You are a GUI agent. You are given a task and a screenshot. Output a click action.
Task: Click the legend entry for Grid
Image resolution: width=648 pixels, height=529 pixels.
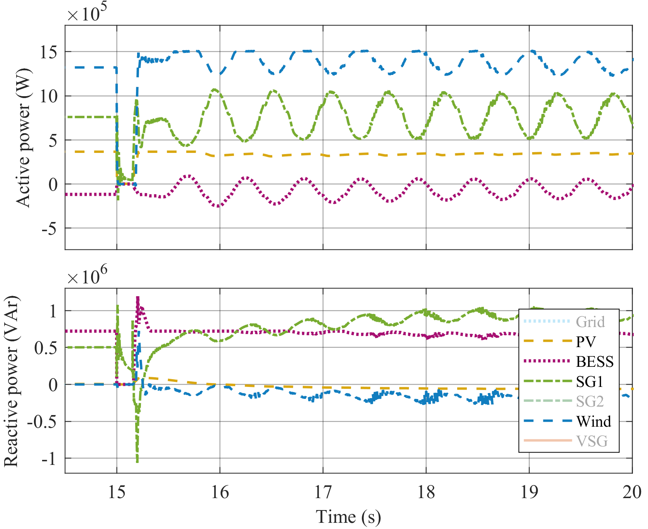(590, 322)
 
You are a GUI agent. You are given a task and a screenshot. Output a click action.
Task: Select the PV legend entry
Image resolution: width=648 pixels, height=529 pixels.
(586, 342)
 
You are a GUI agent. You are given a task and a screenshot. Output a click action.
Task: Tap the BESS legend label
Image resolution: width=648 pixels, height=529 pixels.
(595, 362)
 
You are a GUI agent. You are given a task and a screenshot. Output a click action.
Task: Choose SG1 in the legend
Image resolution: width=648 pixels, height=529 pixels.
(590, 382)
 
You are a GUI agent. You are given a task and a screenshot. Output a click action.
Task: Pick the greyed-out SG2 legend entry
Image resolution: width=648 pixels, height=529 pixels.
(590, 402)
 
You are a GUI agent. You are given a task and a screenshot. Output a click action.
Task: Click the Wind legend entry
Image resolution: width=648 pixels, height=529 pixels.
(594, 422)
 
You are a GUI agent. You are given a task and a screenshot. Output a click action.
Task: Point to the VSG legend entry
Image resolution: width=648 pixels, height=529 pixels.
(592, 441)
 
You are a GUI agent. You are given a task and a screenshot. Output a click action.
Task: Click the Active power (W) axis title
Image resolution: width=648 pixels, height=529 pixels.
(23, 138)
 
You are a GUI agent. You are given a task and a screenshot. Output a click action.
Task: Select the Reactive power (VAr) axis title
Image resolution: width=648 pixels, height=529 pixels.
(12, 381)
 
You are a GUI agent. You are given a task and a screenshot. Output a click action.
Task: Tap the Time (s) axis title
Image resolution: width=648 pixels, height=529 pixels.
(348, 517)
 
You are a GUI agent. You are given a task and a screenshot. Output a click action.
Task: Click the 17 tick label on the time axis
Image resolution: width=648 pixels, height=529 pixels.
(323, 493)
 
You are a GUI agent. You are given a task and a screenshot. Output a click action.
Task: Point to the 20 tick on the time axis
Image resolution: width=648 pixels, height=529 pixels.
(632, 493)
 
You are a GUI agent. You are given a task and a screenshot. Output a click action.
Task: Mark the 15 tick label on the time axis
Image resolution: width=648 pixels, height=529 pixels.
(117, 493)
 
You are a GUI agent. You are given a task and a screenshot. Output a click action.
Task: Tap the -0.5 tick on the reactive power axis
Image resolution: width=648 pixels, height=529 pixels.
(42, 421)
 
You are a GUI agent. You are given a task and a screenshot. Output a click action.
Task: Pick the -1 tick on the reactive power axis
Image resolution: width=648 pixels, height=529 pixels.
(49, 458)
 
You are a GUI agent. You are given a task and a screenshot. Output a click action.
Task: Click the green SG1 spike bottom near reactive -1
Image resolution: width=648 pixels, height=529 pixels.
(137, 461)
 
